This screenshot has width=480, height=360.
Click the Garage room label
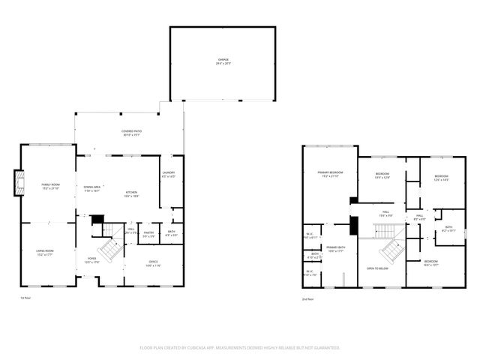click(x=223, y=61)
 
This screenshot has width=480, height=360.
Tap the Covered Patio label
click(x=132, y=133)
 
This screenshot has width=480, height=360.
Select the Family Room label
click(x=50, y=186)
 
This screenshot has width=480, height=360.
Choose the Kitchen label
click(x=131, y=192)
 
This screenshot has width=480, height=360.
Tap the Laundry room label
click(x=168, y=174)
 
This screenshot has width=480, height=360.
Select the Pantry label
click(x=148, y=234)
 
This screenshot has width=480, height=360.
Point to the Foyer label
click(x=91, y=260)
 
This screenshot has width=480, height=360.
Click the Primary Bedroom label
click(x=328, y=174)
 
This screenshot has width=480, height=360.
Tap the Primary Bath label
click(x=335, y=249)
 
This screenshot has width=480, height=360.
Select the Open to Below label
click(x=376, y=268)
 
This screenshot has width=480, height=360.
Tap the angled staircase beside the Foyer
click(x=111, y=249)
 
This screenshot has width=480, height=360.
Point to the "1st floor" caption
click(x=25, y=298)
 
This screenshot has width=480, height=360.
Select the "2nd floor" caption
click(x=307, y=298)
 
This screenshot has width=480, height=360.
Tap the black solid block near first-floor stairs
click(x=97, y=219)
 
